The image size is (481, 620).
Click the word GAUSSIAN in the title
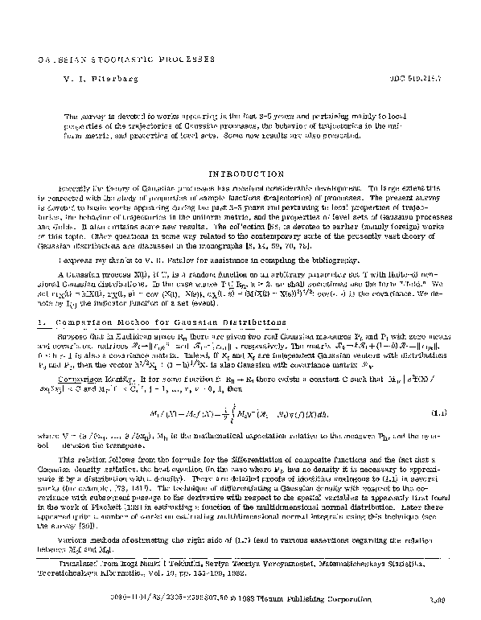[50, 60]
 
